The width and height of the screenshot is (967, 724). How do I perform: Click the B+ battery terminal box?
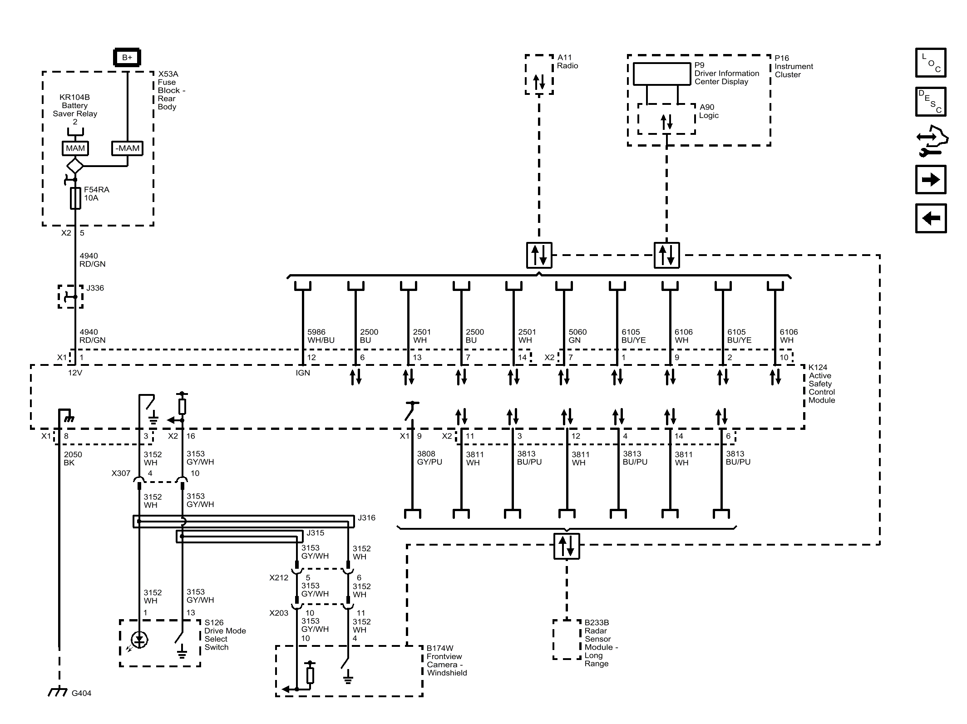pyautogui.click(x=127, y=58)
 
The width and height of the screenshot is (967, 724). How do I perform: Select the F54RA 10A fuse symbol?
pyautogui.click(x=75, y=198)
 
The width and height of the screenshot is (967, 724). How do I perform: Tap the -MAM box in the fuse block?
pyautogui.click(x=128, y=148)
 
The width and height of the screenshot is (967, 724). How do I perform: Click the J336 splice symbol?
pyautogui.click(x=71, y=297)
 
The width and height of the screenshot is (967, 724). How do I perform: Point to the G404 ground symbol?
pyautogui.click(x=58, y=693)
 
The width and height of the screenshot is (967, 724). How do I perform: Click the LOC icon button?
pyautogui.click(x=930, y=63)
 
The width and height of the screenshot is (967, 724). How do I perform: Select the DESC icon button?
pyautogui.click(x=930, y=102)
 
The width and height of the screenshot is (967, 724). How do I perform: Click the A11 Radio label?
pyautogui.click(x=567, y=62)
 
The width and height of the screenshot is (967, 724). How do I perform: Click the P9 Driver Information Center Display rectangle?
pyautogui.click(x=661, y=74)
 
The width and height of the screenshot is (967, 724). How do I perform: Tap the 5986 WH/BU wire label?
pyautogui.click(x=321, y=336)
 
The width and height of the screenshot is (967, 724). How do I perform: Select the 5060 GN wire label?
pyautogui.click(x=577, y=336)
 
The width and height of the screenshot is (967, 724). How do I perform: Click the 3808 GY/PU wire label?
pyautogui.click(x=429, y=458)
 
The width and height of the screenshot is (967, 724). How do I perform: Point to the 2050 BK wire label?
pyautogui.click(x=73, y=458)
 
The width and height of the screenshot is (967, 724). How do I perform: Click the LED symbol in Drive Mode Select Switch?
pyautogui.click(x=139, y=640)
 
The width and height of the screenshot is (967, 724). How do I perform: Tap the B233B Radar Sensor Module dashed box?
pyautogui.click(x=567, y=640)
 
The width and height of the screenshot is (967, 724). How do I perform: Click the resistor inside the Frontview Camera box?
pyautogui.click(x=310, y=675)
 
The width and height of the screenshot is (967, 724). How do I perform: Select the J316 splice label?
pyautogui.click(x=366, y=518)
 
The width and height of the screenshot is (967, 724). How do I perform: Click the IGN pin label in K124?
pyautogui.click(x=302, y=373)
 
